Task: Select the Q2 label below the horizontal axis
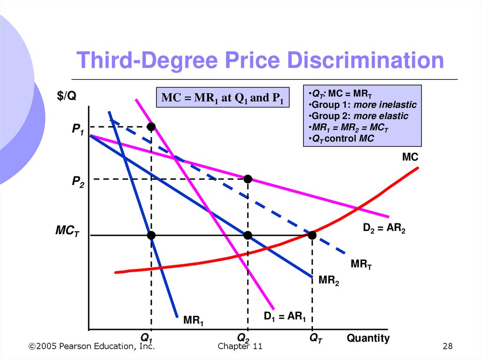(243, 338)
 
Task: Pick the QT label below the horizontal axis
(316, 338)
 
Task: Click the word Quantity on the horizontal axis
(368, 338)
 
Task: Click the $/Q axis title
(67, 96)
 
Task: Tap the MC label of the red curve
(410, 157)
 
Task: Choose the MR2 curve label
(328, 281)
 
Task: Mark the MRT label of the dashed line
(361, 265)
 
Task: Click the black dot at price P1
(151, 127)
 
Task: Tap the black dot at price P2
(248, 179)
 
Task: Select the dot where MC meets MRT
(312, 235)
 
